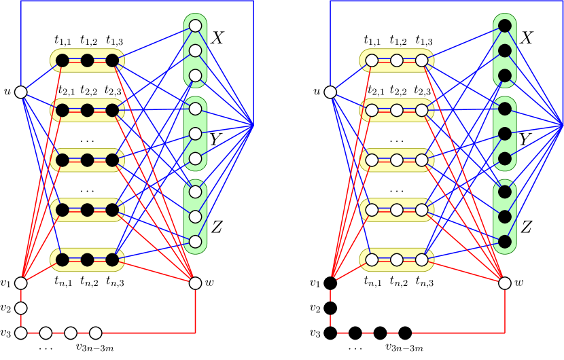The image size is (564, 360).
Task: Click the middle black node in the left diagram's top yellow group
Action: (x=87, y=60)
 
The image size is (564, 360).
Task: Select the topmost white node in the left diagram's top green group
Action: (x=195, y=26)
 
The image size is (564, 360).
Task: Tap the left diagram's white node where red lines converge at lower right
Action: (x=195, y=283)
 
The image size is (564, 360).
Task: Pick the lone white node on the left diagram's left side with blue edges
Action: (x=21, y=92)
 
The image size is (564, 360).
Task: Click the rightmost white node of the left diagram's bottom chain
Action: (x=96, y=333)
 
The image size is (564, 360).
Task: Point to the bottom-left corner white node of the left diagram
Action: (x=21, y=333)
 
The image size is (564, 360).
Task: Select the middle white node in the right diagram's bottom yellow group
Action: (x=397, y=259)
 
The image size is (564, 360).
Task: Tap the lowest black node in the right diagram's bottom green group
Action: (x=505, y=242)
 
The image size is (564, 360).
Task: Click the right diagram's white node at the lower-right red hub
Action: (x=505, y=283)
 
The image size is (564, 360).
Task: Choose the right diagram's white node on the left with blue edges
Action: (x=330, y=92)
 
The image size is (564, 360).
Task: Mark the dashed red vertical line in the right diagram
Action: (x=331, y=309)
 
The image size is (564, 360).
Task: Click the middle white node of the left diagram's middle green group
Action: (x=195, y=134)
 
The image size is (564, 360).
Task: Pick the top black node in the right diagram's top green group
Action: (x=505, y=26)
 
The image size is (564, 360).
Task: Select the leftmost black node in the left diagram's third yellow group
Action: (x=63, y=160)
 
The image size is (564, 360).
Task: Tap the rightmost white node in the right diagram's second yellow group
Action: (x=422, y=110)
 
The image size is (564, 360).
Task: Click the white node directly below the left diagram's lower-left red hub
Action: (x=21, y=308)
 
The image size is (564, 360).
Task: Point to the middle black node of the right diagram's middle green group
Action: (x=505, y=134)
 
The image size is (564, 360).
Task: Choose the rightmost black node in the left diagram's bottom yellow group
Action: (x=112, y=259)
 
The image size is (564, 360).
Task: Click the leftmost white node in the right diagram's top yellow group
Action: (x=372, y=60)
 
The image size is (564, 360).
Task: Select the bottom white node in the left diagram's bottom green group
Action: (x=195, y=242)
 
